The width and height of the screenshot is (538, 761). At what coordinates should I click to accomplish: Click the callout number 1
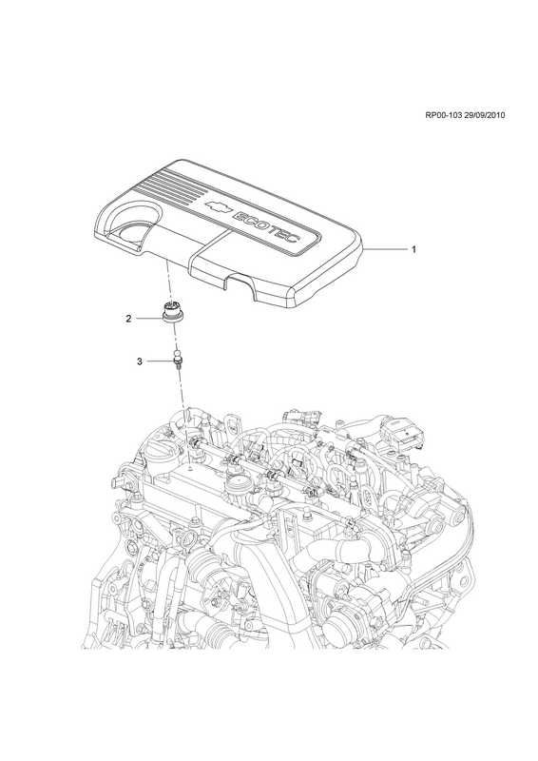(x=413, y=249)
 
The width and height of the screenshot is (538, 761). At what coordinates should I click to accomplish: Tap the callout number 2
(x=128, y=319)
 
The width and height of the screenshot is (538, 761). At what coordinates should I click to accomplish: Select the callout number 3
(x=139, y=361)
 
